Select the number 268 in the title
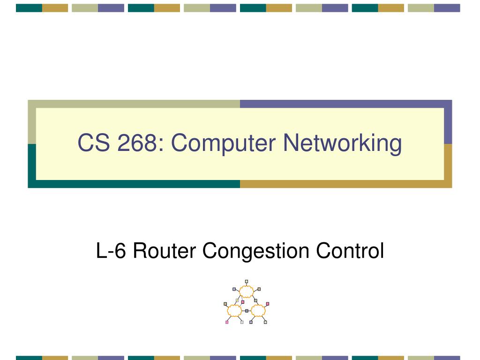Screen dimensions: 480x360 point(136,142)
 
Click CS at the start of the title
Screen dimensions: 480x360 point(94,142)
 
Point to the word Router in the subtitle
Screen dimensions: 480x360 point(165,251)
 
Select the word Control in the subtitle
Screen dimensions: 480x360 point(350,251)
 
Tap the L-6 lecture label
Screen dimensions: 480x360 point(111,251)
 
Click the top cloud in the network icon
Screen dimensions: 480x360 point(247,292)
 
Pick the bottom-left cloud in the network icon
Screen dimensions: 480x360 point(234,311)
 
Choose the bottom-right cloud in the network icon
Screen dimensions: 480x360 point(258,311)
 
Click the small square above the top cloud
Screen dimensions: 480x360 point(247,281)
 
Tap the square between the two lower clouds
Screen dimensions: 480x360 point(247,311)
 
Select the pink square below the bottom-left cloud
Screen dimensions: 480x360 point(227,322)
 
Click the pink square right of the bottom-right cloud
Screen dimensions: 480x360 point(268,304)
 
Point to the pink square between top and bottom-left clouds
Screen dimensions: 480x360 point(243,302)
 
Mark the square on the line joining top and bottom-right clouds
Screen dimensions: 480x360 point(255,300)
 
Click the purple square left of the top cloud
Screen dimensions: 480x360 point(234,289)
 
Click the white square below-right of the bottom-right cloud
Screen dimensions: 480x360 point(265,322)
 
